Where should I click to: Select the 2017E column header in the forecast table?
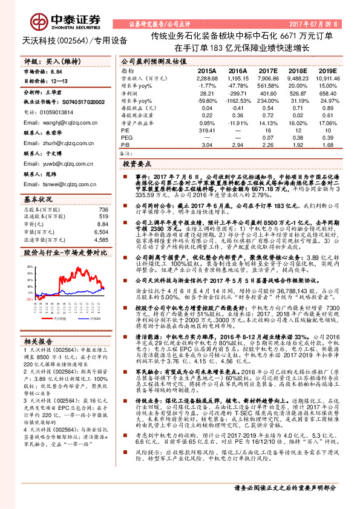267,71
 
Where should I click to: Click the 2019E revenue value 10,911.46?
327,79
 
